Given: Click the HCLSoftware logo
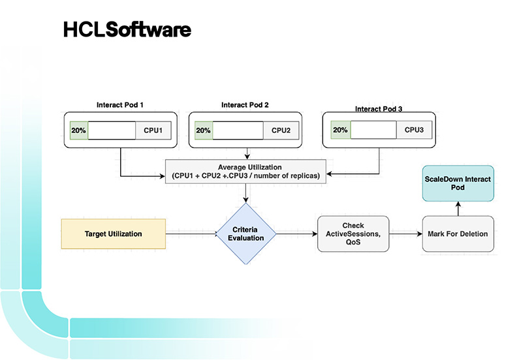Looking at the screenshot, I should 127,29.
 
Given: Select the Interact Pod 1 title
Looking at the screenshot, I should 121,104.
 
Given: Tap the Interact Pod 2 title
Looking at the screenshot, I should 245,104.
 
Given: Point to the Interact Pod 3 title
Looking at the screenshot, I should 379,109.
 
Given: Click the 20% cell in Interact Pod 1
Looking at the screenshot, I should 78,130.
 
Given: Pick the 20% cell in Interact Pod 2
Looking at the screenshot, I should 203,130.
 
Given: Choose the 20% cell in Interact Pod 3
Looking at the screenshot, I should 340,130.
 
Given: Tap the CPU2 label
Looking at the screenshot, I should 281,130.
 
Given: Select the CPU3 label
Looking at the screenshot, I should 414,130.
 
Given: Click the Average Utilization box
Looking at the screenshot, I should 245,172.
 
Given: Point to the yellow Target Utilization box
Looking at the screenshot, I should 113,233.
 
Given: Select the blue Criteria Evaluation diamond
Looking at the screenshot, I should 246,233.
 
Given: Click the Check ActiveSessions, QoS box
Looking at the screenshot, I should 353,233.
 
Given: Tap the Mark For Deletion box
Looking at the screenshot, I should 457,233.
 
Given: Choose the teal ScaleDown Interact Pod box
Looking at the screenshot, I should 457,183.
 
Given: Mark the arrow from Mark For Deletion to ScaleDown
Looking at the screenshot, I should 457,208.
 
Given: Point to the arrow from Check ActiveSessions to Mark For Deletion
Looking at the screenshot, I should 405,233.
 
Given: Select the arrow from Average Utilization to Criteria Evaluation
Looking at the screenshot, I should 246,193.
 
